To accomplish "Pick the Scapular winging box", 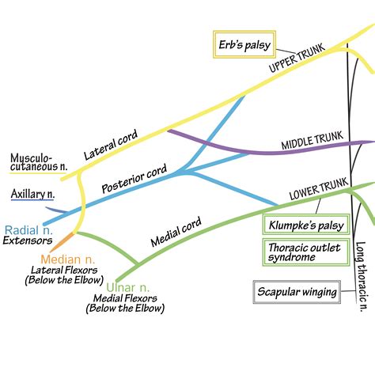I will coord(297,292).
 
